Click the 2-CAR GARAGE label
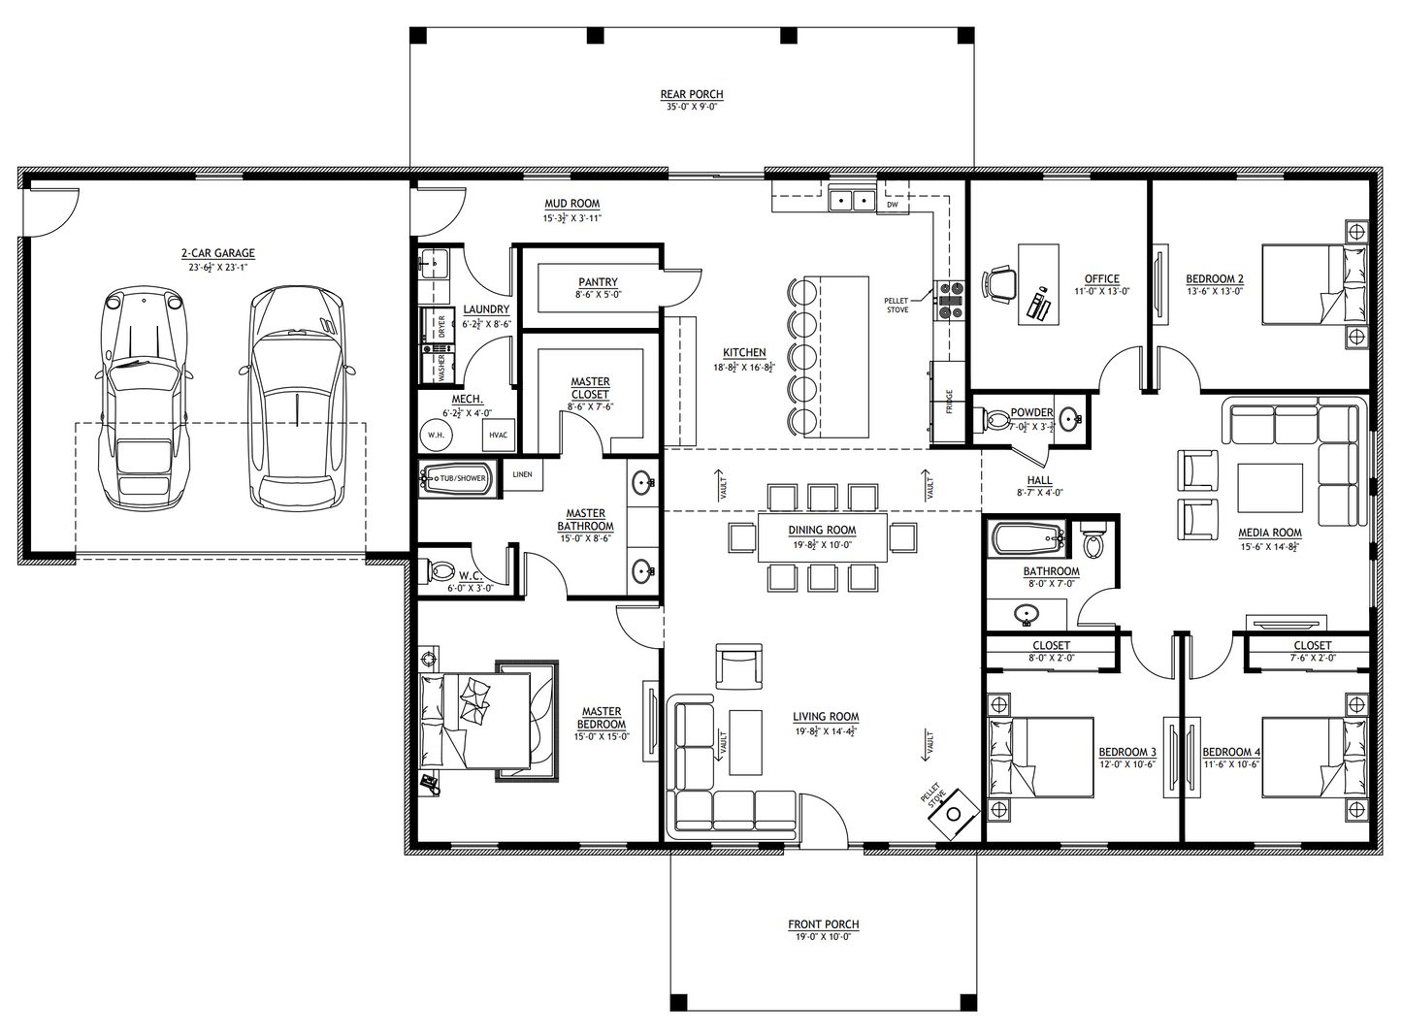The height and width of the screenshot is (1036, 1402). pyautogui.click(x=221, y=253)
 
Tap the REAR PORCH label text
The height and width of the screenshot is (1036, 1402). pyautogui.click(x=692, y=95)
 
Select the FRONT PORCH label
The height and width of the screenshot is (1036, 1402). pyautogui.click(x=823, y=924)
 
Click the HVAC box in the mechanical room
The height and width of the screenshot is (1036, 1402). pyautogui.click(x=498, y=436)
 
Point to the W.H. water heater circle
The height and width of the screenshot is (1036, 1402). pyautogui.click(x=437, y=436)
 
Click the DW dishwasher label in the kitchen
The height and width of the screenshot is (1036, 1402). pyautogui.click(x=892, y=205)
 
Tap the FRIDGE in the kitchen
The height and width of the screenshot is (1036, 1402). pyautogui.click(x=948, y=402)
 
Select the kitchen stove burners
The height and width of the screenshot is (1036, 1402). pyautogui.click(x=949, y=300)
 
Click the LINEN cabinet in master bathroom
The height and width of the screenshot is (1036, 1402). pyautogui.click(x=522, y=475)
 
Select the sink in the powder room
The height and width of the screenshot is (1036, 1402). pyautogui.click(x=1069, y=419)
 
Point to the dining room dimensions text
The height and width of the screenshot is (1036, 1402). pyautogui.click(x=822, y=545)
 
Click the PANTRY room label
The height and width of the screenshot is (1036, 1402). pyautogui.click(x=598, y=282)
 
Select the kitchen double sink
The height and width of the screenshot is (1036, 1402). pyautogui.click(x=853, y=200)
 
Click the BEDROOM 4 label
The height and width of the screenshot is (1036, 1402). pyautogui.click(x=1231, y=752)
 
